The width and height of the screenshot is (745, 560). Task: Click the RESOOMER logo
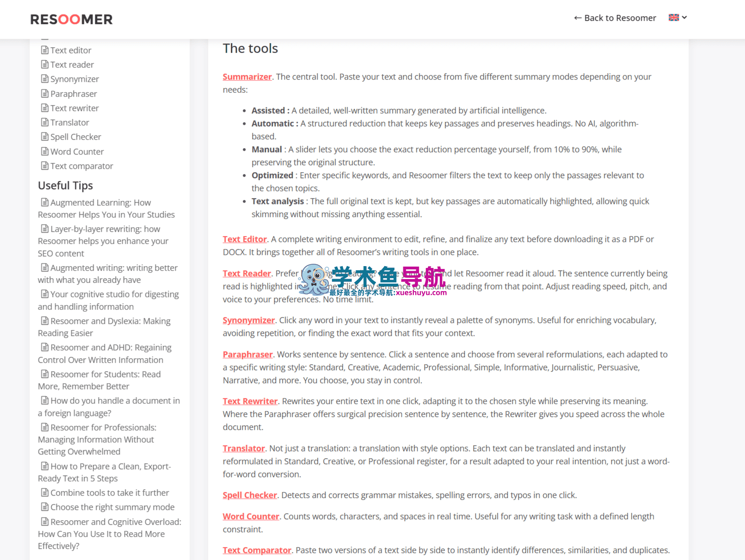click(71, 19)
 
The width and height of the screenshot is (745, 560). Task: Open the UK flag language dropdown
click(677, 18)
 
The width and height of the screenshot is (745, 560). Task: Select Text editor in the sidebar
click(70, 50)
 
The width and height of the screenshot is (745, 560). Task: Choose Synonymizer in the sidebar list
click(74, 79)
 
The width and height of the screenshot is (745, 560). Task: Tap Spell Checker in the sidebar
click(75, 137)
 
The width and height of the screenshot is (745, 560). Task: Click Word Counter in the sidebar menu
click(77, 152)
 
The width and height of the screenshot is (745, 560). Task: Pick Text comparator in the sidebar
click(81, 166)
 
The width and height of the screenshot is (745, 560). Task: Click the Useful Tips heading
click(65, 186)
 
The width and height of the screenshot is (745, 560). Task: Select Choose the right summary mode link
click(112, 507)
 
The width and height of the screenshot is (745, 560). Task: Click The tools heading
click(250, 49)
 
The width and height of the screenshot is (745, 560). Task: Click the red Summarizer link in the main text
click(247, 77)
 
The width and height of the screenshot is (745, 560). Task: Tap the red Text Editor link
click(245, 239)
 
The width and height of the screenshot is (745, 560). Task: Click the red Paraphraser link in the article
click(247, 355)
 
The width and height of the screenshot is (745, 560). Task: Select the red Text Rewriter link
click(250, 401)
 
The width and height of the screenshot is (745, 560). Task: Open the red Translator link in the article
click(244, 448)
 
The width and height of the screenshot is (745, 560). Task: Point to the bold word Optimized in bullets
click(272, 175)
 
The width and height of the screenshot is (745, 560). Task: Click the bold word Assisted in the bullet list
click(268, 111)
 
